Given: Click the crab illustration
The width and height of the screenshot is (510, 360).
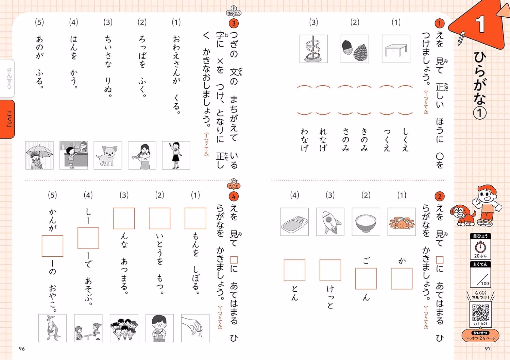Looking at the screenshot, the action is pos(402,222).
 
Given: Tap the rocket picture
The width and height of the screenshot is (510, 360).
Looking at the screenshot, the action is pos(330,222).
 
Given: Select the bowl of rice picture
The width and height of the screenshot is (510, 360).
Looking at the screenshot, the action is pos(366,222).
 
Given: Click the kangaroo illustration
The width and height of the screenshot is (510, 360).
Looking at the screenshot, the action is pos(52,328).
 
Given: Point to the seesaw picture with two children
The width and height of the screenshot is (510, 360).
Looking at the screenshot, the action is pos(88,328).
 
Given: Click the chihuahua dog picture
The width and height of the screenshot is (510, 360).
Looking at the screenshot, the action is pos(108,155).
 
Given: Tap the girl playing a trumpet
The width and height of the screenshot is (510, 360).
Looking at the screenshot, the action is pos(142,155).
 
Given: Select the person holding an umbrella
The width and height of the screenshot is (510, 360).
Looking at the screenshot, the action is pos(39,155).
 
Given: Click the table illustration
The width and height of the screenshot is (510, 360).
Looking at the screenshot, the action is pos(396,49).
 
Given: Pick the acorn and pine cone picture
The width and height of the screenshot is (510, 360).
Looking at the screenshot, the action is pos(355,49).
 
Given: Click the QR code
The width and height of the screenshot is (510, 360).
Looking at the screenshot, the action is pos(480,312).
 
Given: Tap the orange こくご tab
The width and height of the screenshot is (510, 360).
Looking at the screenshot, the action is pos(7,119).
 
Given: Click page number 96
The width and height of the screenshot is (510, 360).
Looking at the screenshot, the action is pos(22,349).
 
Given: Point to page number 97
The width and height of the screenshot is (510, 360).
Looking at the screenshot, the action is pos(488,349).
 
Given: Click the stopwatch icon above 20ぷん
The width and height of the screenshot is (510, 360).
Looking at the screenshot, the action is pos(480,246).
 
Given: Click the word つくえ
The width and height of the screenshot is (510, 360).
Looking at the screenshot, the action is pos(387,140).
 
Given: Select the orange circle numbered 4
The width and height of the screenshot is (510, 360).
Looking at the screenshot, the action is pos(234,196).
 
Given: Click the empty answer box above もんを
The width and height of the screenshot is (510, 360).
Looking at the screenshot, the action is pos(195,218).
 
